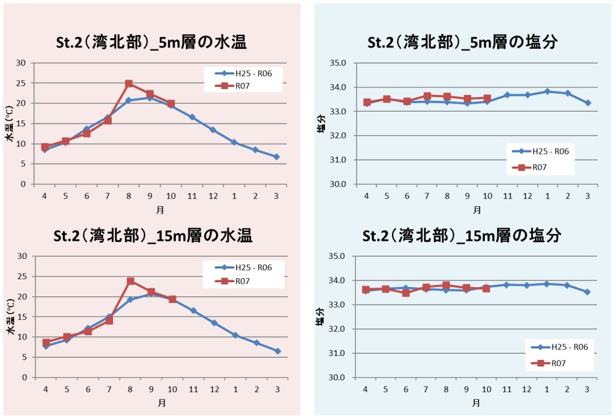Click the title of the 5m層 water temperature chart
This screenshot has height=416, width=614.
coord(151,43)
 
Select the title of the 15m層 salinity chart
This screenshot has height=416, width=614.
coord(462,236)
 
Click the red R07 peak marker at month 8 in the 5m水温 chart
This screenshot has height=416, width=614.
coord(129,84)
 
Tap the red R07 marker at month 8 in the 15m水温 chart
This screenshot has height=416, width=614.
coord(130,281)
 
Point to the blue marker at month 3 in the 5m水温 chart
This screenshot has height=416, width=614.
coord(276,157)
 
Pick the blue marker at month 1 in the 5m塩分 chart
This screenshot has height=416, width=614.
coord(547,92)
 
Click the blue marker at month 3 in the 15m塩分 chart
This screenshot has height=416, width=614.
coord(587,292)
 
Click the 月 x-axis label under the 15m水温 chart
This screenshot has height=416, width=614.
coord(162,403)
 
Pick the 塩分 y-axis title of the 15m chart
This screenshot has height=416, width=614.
coord(321,317)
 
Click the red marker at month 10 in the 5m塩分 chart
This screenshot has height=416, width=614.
coord(487,98)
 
